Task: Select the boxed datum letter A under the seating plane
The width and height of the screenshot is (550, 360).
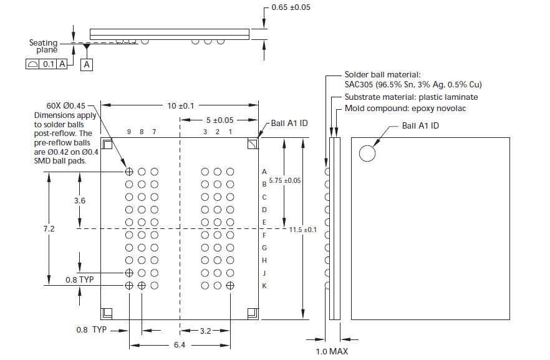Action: pos(87,64)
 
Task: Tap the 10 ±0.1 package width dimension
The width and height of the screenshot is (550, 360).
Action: pos(180,106)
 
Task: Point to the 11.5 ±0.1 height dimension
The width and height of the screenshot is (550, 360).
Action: pos(303,230)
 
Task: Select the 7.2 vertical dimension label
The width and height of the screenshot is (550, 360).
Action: pos(49,229)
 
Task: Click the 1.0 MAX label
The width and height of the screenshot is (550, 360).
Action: pos(332,352)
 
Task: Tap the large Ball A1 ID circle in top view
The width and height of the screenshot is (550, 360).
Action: pos(367,153)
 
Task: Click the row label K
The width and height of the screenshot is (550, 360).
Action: pos(264,286)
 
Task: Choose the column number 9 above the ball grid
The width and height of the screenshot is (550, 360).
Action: pos(129,132)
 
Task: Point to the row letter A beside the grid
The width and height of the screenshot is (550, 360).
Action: pos(264,172)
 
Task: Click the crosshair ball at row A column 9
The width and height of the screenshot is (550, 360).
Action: pos(129,172)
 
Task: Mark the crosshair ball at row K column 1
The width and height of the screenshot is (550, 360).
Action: pos(230,285)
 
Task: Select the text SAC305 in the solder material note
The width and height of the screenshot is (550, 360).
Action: pos(360,85)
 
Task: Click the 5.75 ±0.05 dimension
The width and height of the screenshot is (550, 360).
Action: pos(285,180)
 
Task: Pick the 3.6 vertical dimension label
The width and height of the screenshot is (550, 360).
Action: pos(79,200)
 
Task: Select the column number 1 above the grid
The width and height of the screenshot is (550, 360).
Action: pos(230,132)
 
